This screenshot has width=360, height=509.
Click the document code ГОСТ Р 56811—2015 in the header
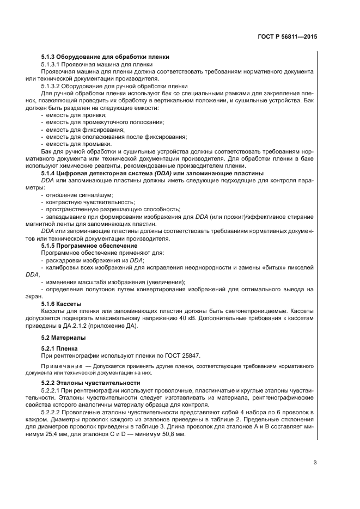tap(288, 38)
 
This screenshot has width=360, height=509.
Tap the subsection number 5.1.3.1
tap(52, 64)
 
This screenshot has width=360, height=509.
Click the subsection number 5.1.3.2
tap(52, 86)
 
